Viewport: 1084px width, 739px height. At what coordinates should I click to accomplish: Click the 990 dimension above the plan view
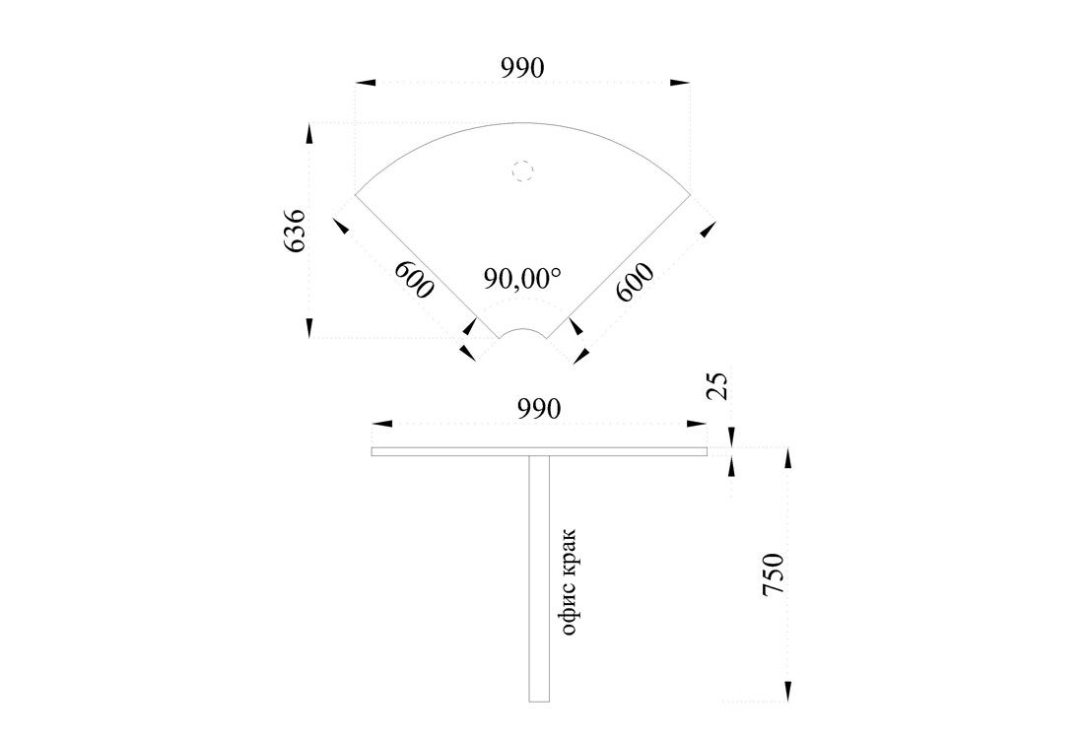(522, 68)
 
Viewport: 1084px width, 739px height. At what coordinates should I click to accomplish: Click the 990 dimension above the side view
(539, 409)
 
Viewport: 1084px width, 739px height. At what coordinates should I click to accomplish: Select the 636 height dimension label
(295, 231)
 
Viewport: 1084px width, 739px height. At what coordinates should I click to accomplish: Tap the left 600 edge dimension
(414, 279)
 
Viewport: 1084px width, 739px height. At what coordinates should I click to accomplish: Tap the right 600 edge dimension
(635, 282)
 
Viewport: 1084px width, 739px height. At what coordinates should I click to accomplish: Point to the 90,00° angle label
(522, 278)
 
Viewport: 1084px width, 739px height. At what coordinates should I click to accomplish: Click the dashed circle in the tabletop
(523, 169)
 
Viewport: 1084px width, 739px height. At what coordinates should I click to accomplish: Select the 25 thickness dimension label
(719, 386)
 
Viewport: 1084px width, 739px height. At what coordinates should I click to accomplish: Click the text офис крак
(569, 582)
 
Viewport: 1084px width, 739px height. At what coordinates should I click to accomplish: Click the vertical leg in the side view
(539, 578)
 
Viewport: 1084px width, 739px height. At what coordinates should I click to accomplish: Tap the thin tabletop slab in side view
(539, 452)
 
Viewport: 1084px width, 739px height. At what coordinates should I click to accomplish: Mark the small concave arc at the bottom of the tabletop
(522, 330)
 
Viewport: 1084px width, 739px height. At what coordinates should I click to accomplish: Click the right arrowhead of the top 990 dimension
(680, 82)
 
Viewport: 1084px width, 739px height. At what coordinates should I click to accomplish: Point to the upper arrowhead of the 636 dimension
(309, 134)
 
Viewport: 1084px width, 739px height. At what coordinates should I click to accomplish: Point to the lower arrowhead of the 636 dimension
(309, 328)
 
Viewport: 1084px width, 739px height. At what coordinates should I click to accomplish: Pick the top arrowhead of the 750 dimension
(787, 458)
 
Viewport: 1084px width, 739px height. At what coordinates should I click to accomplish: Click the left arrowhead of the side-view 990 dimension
(382, 423)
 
